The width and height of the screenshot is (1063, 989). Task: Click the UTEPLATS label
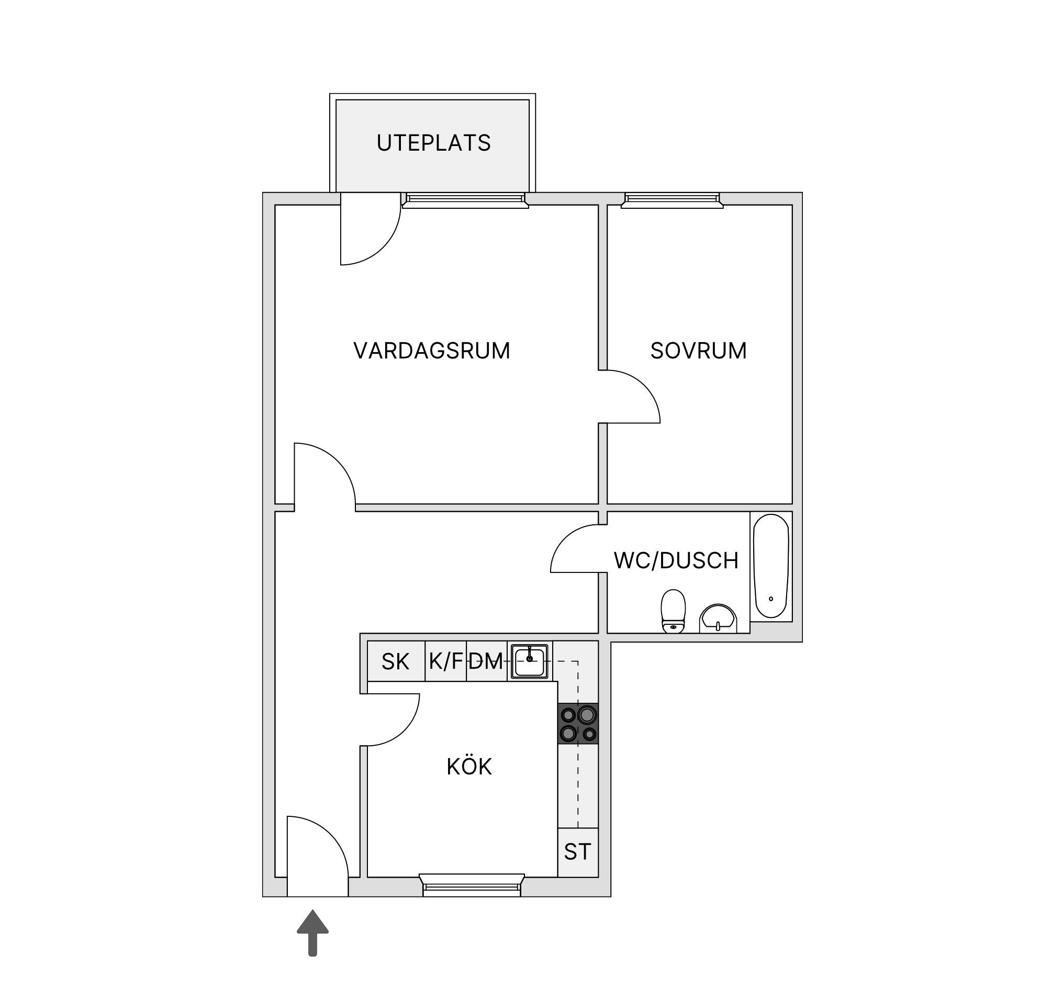click(x=434, y=143)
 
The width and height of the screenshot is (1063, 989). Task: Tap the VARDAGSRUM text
click(x=431, y=351)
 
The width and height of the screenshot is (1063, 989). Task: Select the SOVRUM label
click(x=698, y=351)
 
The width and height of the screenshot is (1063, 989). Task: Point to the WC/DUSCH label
click(x=676, y=560)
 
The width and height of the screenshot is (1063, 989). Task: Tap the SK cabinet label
click(x=395, y=662)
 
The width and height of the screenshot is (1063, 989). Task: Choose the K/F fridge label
click(x=445, y=661)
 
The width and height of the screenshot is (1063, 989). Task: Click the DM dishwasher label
click(x=486, y=662)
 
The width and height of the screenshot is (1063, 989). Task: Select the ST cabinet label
click(x=577, y=851)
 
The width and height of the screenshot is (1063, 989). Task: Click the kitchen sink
click(x=529, y=661)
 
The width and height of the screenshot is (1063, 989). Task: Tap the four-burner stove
click(x=578, y=723)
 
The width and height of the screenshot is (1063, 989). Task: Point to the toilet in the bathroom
click(x=673, y=611)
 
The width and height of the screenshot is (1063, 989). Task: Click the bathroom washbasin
click(x=718, y=619)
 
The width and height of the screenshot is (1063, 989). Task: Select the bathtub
click(x=771, y=566)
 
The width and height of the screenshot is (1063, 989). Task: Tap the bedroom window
click(x=673, y=200)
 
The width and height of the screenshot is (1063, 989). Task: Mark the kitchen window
click(x=472, y=885)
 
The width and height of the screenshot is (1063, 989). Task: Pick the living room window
click(x=465, y=200)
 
